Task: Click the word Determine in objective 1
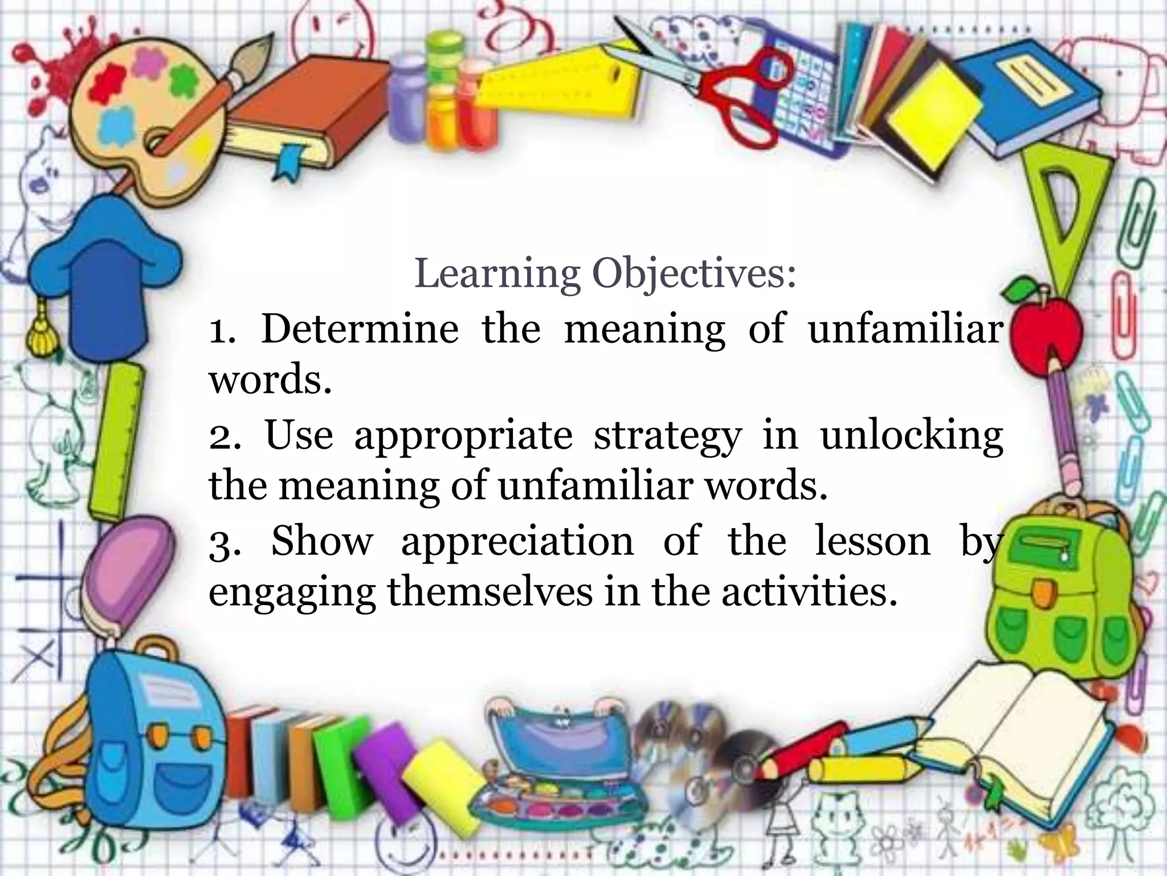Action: (360, 329)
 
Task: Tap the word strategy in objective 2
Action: (667, 436)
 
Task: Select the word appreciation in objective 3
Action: (517, 541)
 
